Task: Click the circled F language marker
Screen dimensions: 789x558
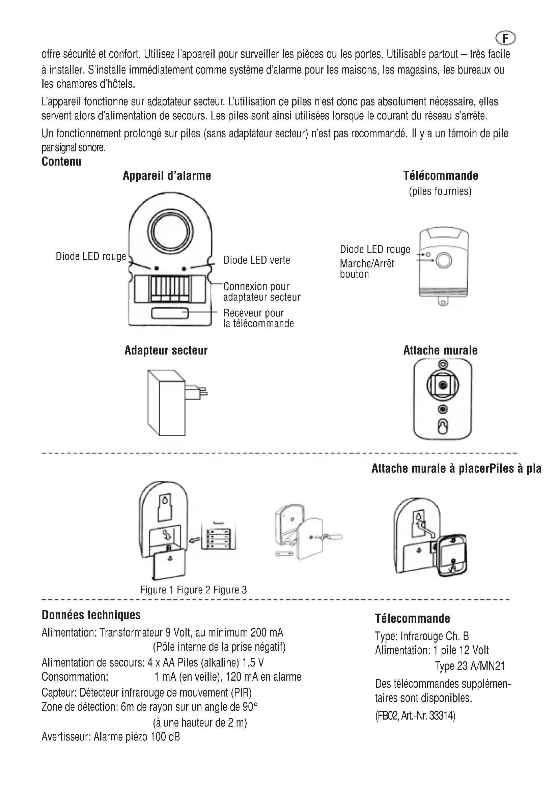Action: point(505,38)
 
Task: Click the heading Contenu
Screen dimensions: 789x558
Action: point(61,162)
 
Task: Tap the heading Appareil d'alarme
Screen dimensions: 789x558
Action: point(167,176)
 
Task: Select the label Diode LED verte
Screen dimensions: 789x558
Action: point(257,260)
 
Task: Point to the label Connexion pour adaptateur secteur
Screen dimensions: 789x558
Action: point(261,292)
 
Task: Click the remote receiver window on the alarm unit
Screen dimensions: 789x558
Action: point(170,313)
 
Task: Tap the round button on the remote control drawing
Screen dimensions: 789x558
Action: point(444,261)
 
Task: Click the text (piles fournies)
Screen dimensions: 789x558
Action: point(440,191)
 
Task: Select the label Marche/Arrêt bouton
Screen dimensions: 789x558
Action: point(367,269)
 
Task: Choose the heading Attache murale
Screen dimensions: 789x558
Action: point(440,350)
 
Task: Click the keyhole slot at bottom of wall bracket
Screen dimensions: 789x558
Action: point(443,427)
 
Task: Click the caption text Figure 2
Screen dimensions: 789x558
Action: point(193,590)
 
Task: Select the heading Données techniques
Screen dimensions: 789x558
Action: point(91,615)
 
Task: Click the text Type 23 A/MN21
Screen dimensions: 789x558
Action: point(470,666)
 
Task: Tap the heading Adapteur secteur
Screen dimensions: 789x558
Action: point(166,350)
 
